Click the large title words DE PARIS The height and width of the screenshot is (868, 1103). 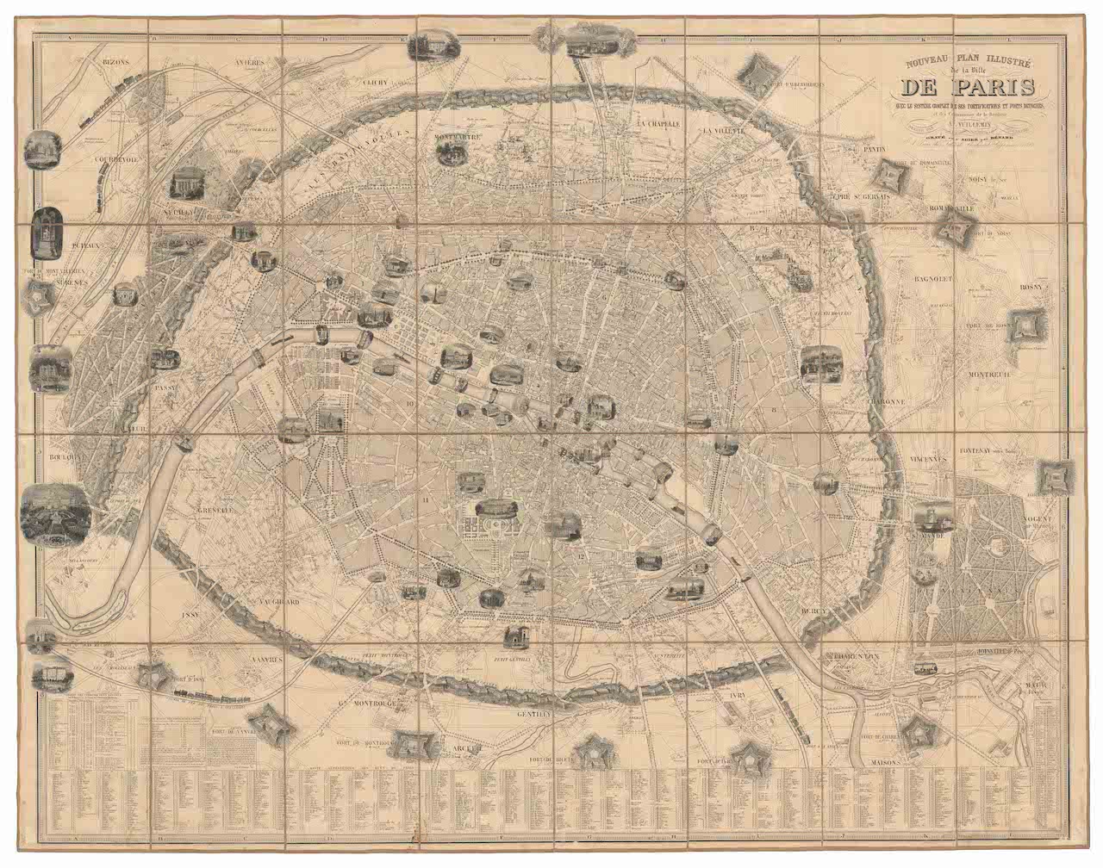pos(970,89)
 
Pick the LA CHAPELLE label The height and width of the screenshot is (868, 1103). pos(660,123)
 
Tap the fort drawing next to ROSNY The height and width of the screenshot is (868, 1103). pos(1024,322)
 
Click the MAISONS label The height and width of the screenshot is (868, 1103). pos(885,763)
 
